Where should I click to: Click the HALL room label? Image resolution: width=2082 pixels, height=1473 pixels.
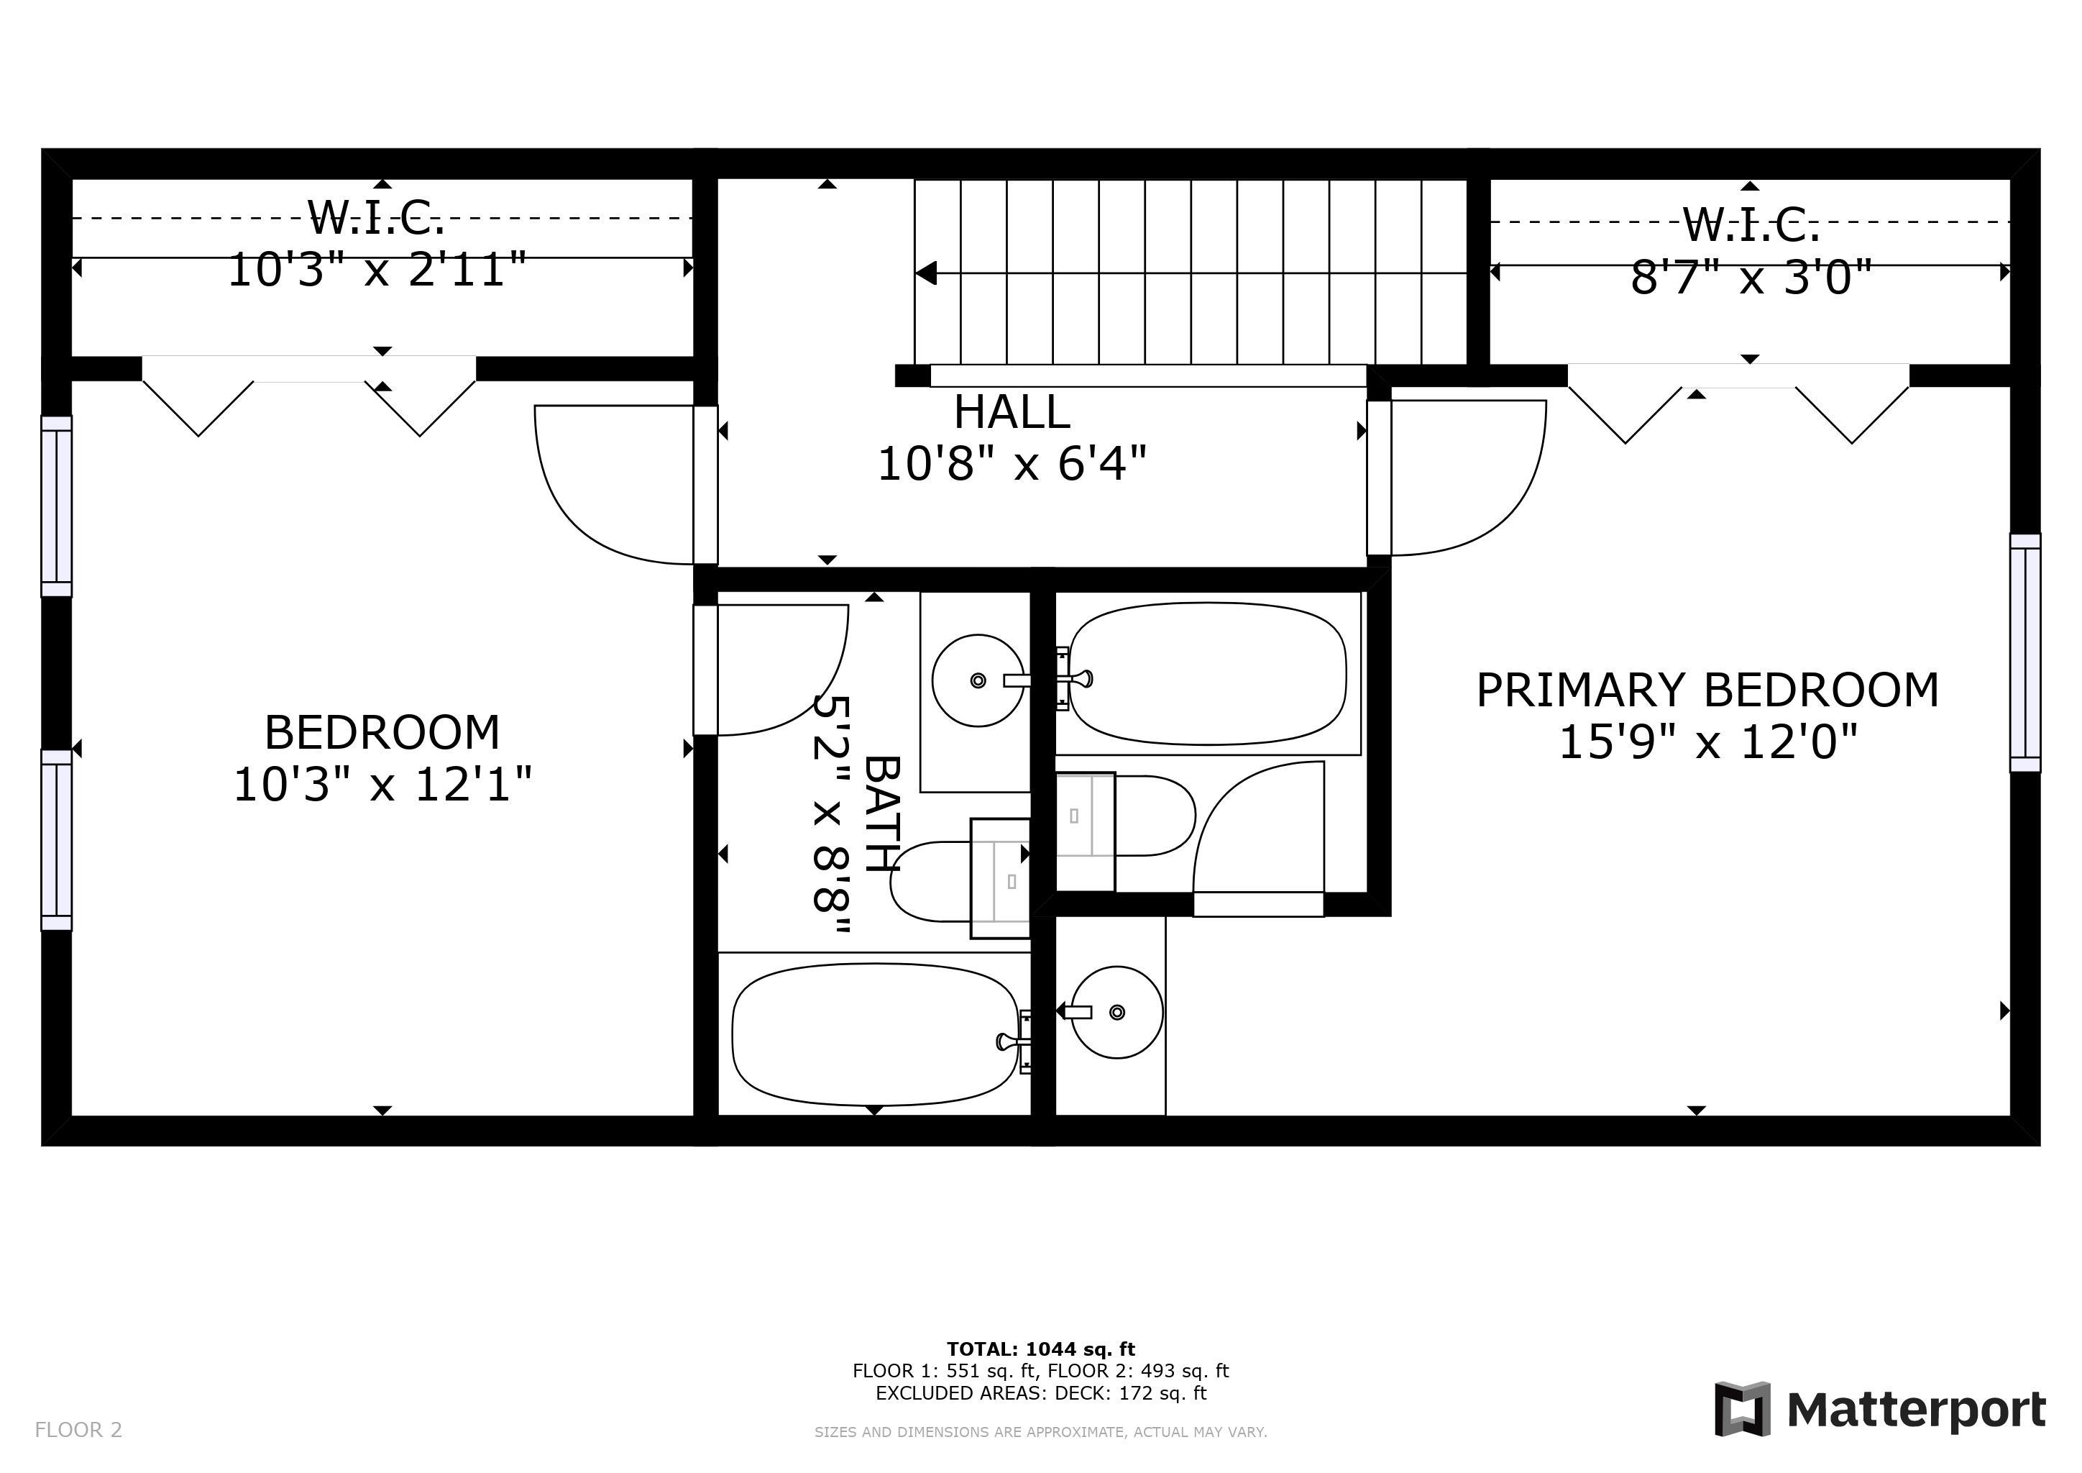pyautogui.click(x=1012, y=413)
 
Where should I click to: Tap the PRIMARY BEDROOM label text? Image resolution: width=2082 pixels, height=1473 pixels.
pyautogui.click(x=1707, y=690)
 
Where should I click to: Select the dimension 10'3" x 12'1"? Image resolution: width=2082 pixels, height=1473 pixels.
pyautogui.click(x=382, y=785)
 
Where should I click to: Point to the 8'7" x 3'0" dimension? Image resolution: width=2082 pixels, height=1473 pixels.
pyautogui.click(x=1752, y=278)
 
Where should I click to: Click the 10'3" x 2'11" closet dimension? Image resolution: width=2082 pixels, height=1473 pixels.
pyautogui.click(x=377, y=270)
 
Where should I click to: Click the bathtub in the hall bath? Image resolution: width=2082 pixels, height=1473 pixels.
pyautogui.click(x=876, y=1035)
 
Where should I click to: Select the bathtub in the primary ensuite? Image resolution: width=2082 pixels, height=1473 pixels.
pyautogui.click(x=1208, y=674)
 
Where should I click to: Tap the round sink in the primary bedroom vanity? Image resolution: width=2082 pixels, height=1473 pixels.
pyautogui.click(x=1117, y=1012)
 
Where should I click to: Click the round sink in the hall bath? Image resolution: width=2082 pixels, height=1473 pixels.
pyautogui.click(x=978, y=680)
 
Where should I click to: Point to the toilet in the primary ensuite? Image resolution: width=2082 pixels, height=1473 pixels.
pyautogui.click(x=1125, y=816)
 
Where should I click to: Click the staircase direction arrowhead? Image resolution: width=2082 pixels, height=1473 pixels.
pyautogui.click(x=926, y=272)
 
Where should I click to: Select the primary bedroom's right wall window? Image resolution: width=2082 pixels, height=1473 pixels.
pyautogui.click(x=2026, y=653)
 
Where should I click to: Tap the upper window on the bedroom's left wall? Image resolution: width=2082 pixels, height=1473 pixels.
pyautogui.click(x=56, y=506)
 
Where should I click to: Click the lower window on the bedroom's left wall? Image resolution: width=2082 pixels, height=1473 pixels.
pyautogui.click(x=56, y=840)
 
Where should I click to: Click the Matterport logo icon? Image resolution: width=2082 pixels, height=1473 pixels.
pyautogui.click(x=1742, y=1408)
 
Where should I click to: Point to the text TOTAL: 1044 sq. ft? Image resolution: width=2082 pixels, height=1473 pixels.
pyautogui.click(x=1041, y=1349)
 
